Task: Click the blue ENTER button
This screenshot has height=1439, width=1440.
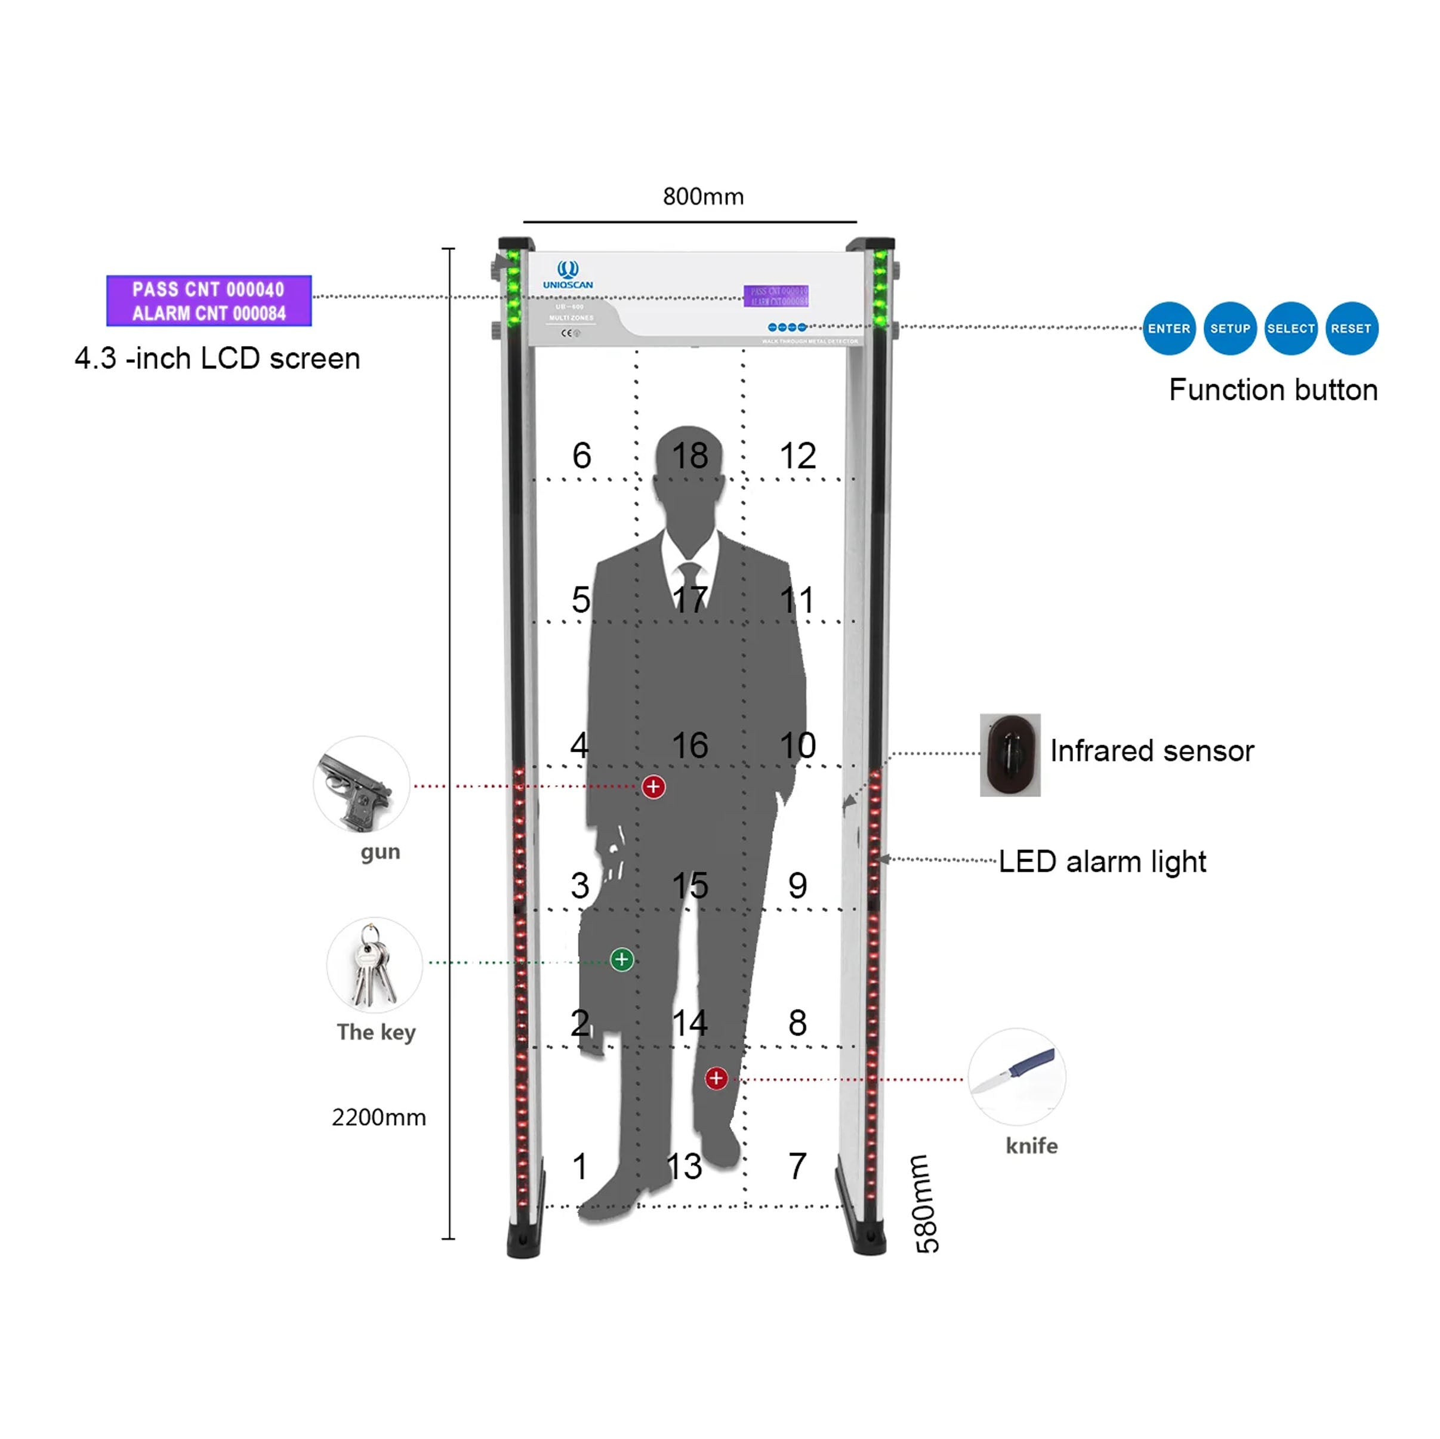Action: coord(1168,329)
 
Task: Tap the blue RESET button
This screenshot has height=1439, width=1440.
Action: coord(1351,329)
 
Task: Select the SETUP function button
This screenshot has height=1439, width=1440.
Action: coord(1230,329)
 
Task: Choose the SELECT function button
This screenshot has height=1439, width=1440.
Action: coord(1291,329)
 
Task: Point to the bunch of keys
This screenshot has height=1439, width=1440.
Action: coord(374,965)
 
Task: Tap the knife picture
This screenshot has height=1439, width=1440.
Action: coord(1017,1076)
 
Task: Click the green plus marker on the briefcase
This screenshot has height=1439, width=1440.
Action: coord(622,959)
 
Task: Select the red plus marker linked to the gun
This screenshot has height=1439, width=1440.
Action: coord(653,786)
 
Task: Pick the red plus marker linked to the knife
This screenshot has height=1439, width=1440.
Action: coord(716,1077)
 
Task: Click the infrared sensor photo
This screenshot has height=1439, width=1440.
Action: coord(1010,755)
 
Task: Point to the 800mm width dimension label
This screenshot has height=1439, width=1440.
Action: coord(703,197)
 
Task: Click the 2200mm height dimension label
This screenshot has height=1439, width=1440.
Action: coord(378,1117)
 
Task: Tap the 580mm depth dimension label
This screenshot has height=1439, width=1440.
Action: coord(926,1203)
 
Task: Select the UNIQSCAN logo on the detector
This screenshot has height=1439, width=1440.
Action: coord(568,275)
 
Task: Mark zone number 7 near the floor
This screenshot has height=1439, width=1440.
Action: coord(797,1166)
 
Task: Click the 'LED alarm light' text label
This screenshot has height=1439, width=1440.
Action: coord(1102,861)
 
